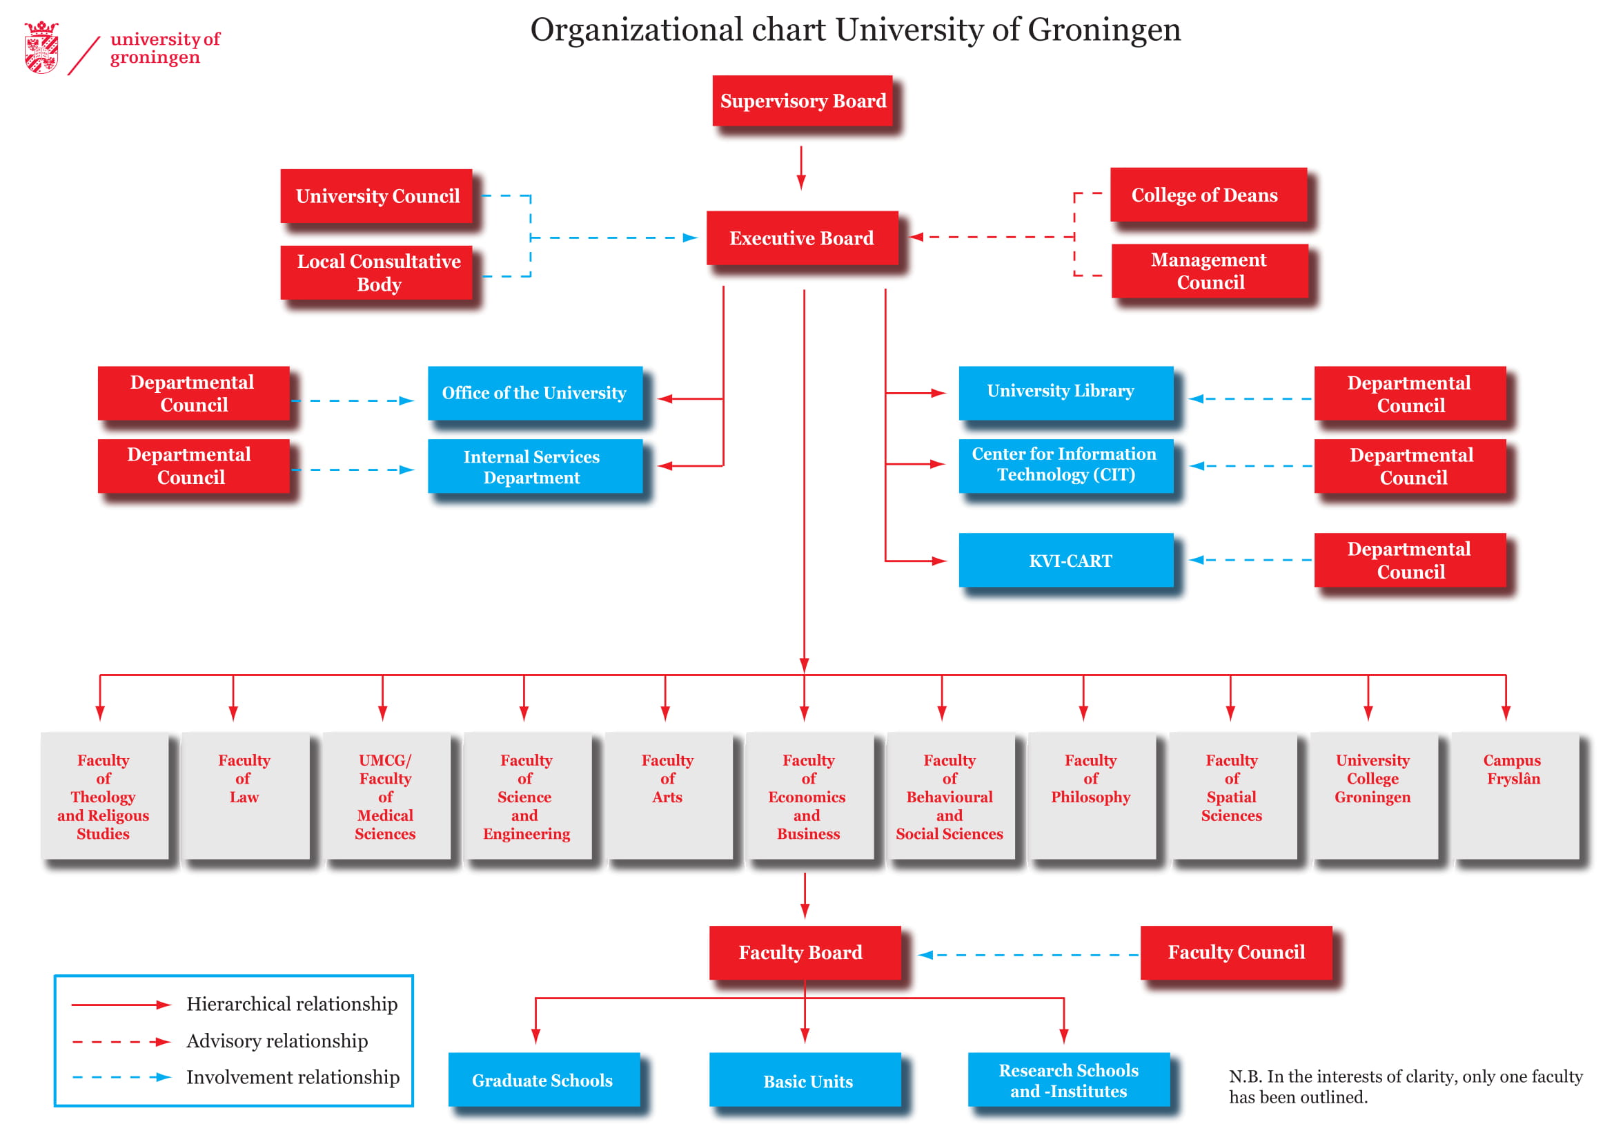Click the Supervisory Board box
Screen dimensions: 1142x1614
pos(802,101)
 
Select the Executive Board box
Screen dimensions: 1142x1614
pos(801,238)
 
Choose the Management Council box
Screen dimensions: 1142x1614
pos(1209,271)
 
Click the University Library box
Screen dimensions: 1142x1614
pos(1065,392)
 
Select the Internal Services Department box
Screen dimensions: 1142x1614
pos(535,465)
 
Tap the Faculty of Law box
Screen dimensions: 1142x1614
pos(245,795)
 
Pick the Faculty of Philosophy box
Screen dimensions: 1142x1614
pos(1091,795)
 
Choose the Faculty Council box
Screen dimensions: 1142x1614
pos(1236,952)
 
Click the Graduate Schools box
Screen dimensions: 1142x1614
pos(543,1078)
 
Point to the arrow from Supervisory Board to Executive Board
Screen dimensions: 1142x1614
pos(800,167)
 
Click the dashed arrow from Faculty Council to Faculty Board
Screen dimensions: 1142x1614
pos(1026,955)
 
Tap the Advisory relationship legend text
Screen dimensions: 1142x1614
pos(277,1041)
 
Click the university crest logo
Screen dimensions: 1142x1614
pos(41,48)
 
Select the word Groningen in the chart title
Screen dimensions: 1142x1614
pos(1103,30)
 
